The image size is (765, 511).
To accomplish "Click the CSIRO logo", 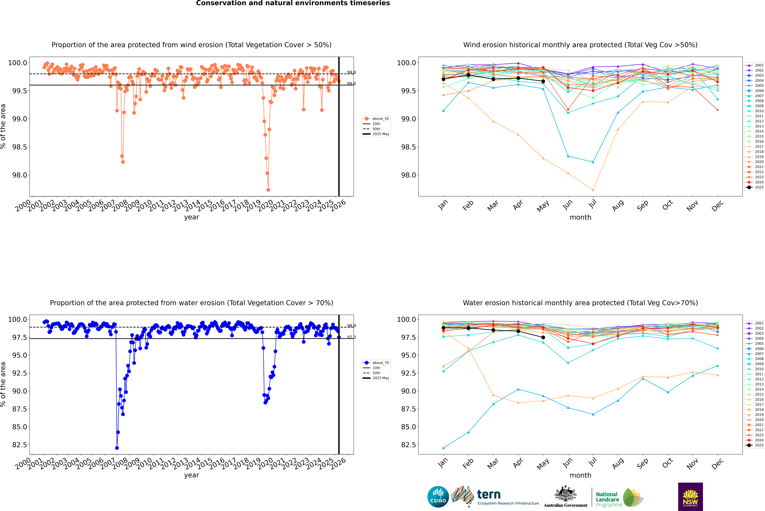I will (438, 497).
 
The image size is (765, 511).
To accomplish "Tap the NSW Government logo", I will (690, 497).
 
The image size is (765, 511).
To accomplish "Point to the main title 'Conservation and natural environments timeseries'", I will (293, 3).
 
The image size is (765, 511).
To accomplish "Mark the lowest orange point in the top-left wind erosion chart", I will (268, 190).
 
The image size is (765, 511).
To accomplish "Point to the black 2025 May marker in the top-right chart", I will (543, 81).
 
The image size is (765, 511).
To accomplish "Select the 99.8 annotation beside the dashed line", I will (351, 72).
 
